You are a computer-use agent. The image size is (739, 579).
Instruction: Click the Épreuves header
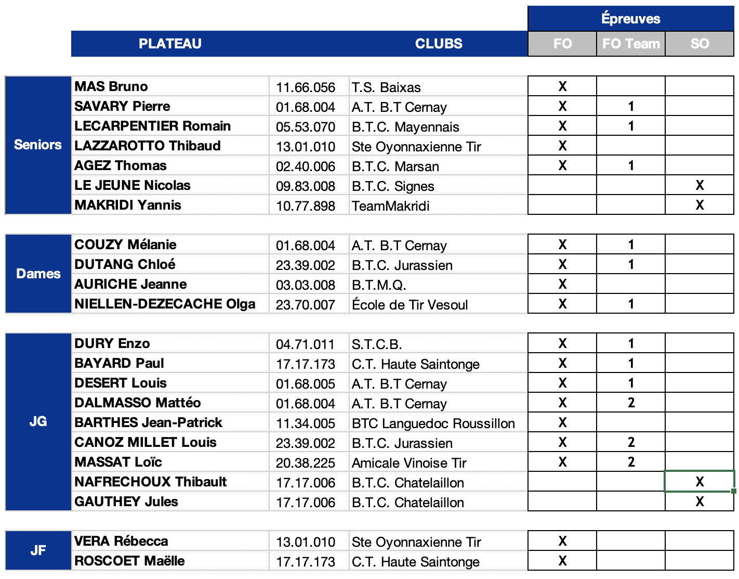pyautogui.click(x=630, y=19)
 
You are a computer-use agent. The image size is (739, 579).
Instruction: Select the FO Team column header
pyautogui.click(x=631, y=44)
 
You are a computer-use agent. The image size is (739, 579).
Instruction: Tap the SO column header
pyautogui.click(x=700, y=44)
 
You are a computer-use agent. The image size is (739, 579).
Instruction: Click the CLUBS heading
pyautogui.click(x=439, y=44)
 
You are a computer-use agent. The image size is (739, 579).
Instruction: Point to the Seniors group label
pyautogui.click(x=38, y=145)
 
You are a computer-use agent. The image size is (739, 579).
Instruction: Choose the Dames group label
pyautogui.click(x=38, y=274)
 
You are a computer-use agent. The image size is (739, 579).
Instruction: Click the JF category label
pyautogui.click(x=38, y=550)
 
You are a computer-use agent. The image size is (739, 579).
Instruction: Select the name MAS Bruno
pyautogui.click(x=111, y=86)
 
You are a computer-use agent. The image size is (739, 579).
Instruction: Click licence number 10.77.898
pyautogui.click(x=306, y=206)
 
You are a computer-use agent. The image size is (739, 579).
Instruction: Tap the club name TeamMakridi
pyautogui.click(x=391, y=206)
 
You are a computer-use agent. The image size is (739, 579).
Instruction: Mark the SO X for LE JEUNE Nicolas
pyautogui.click(x=700, y=185)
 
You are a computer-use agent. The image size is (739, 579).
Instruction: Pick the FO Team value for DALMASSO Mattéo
pyautogui.click(x=631, y=403)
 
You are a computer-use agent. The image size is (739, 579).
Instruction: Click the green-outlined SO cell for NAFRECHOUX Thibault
pyautogui.click(x=700, y=482)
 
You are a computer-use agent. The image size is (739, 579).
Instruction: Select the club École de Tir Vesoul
pyautogui.click(x=410, y=305)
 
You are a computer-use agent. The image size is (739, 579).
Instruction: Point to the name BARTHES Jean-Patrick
pyautogui.click(x=148, y=422)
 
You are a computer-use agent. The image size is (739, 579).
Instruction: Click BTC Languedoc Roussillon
pyautogui.click(x=433, y=423)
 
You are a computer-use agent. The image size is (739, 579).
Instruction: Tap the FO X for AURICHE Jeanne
pyautogui.click(x=562, y=284)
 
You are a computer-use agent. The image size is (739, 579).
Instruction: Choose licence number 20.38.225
pyautogui.click(x=306, y=463)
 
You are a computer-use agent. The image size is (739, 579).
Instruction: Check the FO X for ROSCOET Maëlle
pyautogui.click(x=562, y=561)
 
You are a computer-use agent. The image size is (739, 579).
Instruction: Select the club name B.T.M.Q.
pyautogui.click(x=379, y=285)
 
